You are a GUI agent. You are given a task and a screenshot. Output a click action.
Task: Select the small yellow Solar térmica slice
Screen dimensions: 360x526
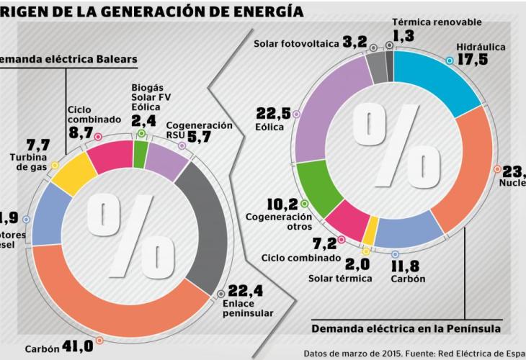pyautogui.click(x=370, y=233)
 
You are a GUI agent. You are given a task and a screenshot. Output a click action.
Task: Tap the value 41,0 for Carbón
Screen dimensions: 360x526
pyautogui.click(x=76, y=346)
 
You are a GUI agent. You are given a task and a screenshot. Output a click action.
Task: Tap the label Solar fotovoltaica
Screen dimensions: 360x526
pyautogui.click(x=295, y=44)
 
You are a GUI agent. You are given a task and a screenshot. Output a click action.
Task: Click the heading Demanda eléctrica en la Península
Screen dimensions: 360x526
pyautogui.click(x=406, y=329)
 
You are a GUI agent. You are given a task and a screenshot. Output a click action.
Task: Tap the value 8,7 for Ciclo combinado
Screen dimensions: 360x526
pyautogui.click(x=81, y=134)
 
